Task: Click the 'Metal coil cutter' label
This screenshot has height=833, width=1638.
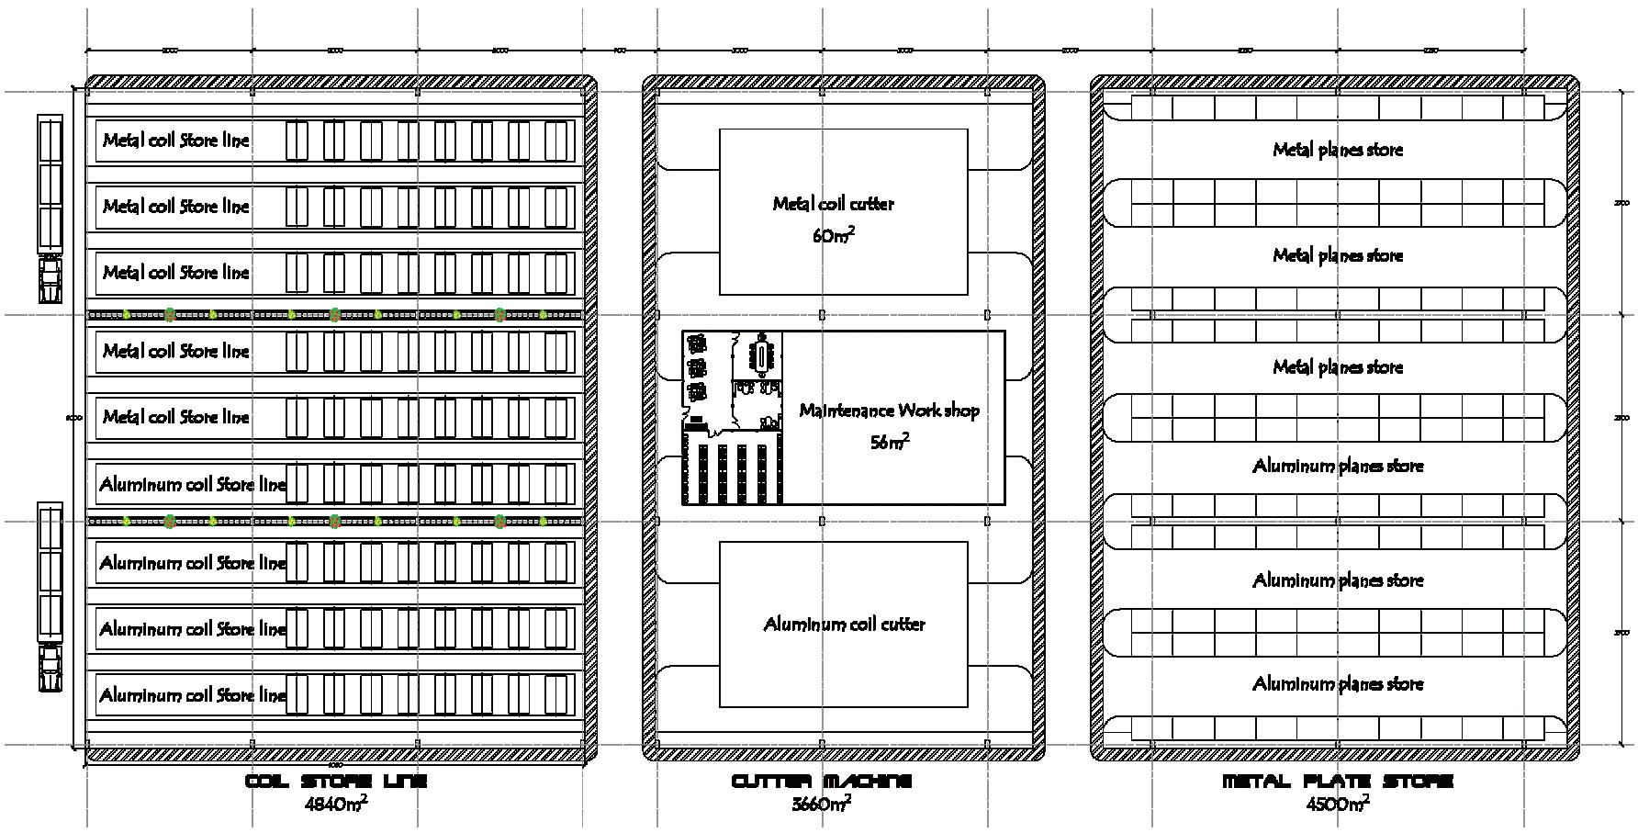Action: pos(833,204)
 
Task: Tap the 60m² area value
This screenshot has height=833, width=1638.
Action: pos(833,235)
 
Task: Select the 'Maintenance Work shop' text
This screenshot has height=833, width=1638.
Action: pos(889,411)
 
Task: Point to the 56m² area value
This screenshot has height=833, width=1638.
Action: pos(889,442)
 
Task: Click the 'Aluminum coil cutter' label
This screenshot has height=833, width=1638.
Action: pos(844,625)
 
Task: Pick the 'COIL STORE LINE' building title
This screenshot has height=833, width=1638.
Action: pos(336,782)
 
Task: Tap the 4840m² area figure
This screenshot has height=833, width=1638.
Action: pos(336,804)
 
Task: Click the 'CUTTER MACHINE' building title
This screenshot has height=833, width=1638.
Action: pos(822,782)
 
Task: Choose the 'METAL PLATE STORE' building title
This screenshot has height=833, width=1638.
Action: pos(1338,782)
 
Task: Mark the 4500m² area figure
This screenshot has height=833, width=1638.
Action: pos(1338,804)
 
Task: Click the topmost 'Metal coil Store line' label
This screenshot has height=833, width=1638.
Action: pos(175,141)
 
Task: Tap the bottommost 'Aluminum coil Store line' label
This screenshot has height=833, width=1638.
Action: pos(193,695)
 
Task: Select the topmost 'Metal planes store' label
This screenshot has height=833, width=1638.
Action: pos(1338,149)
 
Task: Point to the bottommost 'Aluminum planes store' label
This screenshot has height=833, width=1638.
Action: pos(1338,683)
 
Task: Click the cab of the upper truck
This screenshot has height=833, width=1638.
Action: pos(50,274)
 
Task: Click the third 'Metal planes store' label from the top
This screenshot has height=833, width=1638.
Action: pos(1338,367)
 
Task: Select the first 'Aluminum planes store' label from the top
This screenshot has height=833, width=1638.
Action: pos(1338,466)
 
